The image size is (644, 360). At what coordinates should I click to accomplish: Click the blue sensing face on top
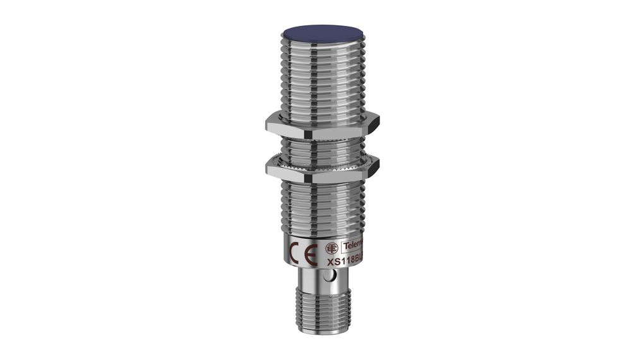pyautogui.click(x=321, y=31)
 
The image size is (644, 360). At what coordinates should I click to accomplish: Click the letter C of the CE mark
pyautogui.click(x=295, y=255)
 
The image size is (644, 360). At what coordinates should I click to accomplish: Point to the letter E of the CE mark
pyautogui.click(x=311, y=255)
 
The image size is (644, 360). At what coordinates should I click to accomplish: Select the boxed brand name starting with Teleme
pyautogui.click(x=352, y=246)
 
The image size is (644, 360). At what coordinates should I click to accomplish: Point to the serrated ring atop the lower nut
pyautogui.click(x=321, y=159)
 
